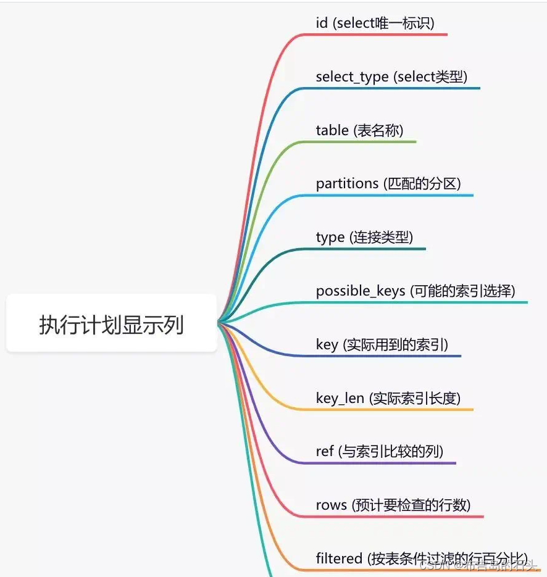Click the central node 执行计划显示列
[x=112, y=323]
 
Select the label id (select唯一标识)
[x=375, y=23]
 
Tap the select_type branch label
[x=391, y=77]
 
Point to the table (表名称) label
[x=359, y=130]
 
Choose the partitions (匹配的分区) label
[x=388, y=184]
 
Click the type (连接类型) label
[x=364, y=237]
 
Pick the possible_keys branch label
[x=415, y=291]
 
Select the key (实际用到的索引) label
[x=382, y=344]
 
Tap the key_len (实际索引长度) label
[x=388, y=398]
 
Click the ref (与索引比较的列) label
[x=379, y=451]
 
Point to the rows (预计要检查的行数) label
[x=393, y=505]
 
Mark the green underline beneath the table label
[x=364, y=142]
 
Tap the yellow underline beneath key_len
[x=395, y=410]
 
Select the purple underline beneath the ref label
[x=383, y=463]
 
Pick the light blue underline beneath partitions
[x=395, y=196]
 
